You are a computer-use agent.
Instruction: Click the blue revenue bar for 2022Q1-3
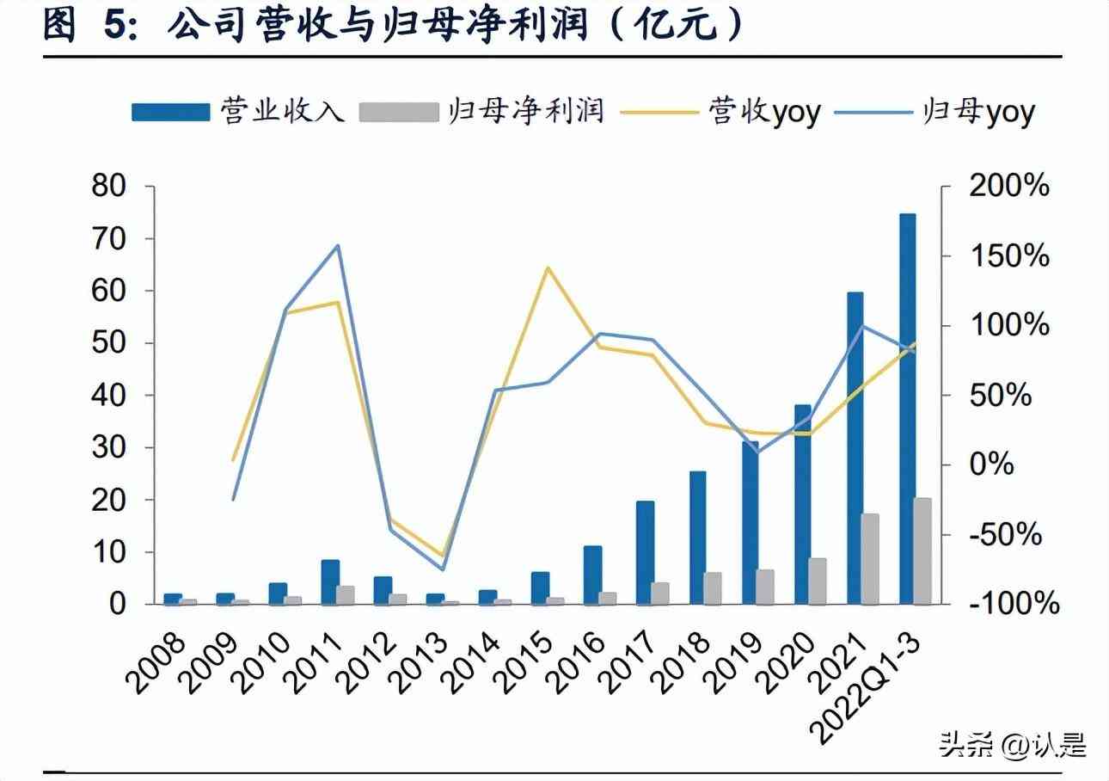pos(907,409)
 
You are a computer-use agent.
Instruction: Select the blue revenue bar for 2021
pos(855,447)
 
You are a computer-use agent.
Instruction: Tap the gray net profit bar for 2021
pos(870,559)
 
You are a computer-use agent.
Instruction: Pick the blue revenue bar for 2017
pos(645,552)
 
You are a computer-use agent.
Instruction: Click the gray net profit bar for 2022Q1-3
pos(922,551)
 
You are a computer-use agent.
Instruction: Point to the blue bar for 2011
pos(329,582)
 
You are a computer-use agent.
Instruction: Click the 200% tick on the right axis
pos(1009,186)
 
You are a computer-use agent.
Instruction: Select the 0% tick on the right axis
pos(997,464)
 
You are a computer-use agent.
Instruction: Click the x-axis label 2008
pos(156,662)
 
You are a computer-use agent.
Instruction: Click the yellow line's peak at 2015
pos(548,268)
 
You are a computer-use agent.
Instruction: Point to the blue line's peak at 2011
pos(339,246)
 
